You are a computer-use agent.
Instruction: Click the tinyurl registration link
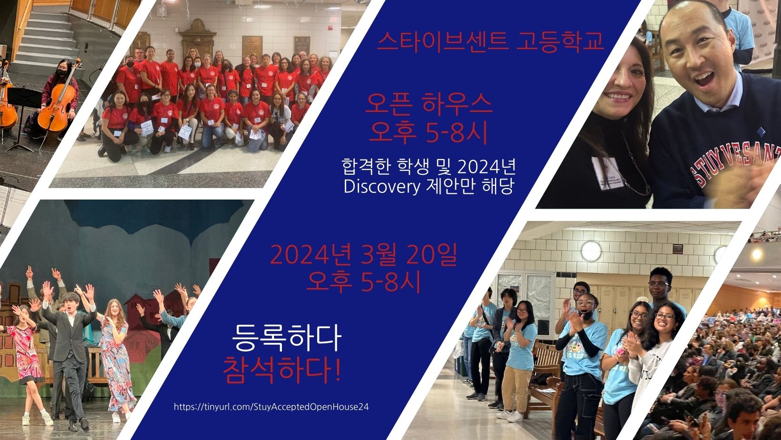[x=271, y=407]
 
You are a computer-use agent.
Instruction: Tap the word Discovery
[x=382, y=187]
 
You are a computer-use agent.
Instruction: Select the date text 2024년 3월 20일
[x=363, y=255]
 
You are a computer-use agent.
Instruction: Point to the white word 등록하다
[x=287, y=338]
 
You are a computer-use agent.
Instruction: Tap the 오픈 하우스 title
[x=429, y=103]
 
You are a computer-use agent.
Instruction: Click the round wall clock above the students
[x=591, y=251]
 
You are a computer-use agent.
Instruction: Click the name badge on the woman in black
[x=608, y=173]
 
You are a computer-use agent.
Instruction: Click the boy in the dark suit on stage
[x=69, y=356]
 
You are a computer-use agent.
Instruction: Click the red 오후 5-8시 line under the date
[x=363, y=282]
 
